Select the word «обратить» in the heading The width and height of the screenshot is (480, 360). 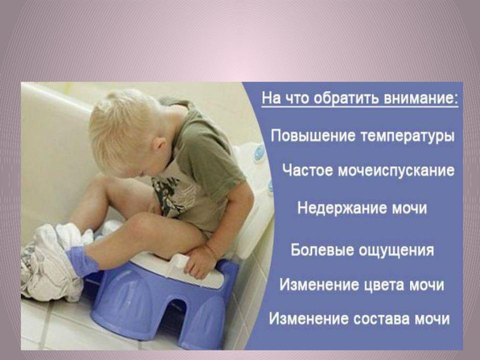coord(347,99)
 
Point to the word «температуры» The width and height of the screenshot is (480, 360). coord(407,136)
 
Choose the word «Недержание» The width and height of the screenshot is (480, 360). coord(342,208)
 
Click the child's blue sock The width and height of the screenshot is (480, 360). coord(81,261)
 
